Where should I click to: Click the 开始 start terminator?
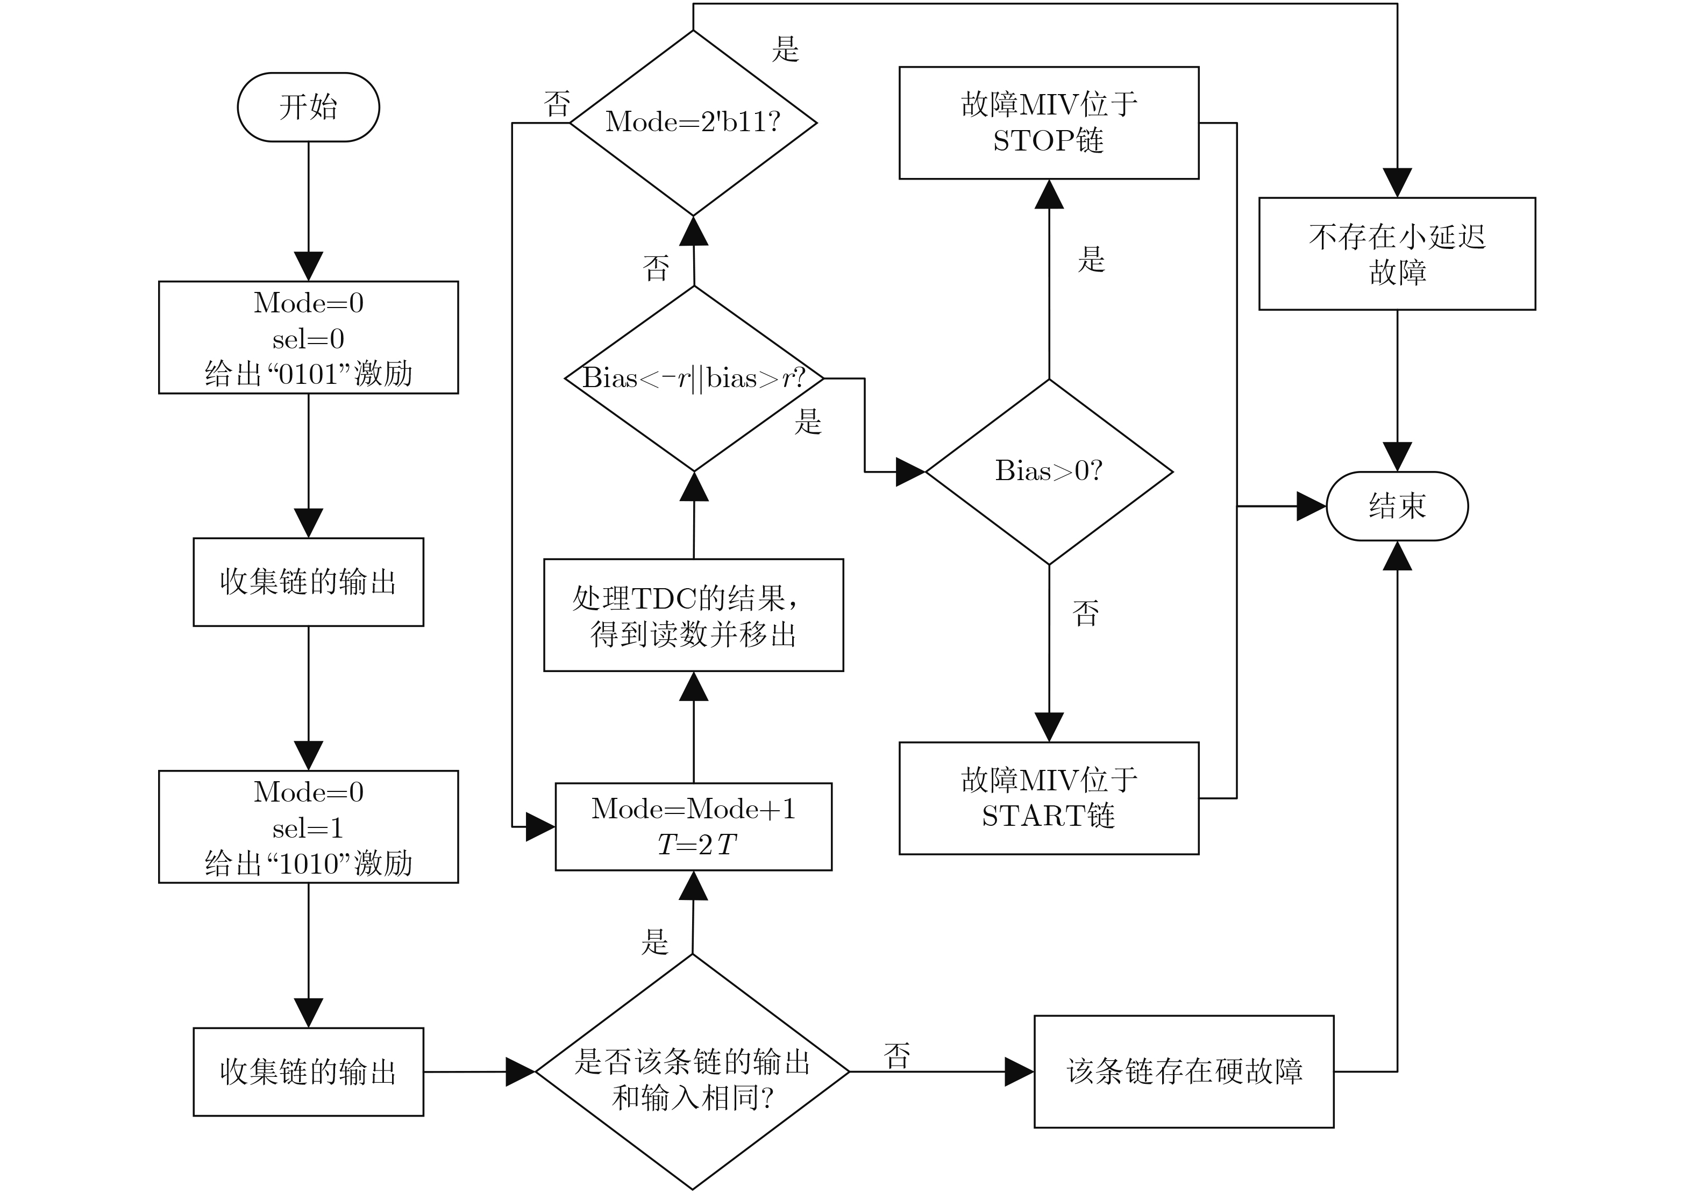(x=308, y=107)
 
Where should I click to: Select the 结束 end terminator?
(x=1397, y=506)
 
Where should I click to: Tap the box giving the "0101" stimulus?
(x=308, y=337)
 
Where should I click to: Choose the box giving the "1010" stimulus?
(x=308, y=827)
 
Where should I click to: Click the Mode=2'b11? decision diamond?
(x=694, y=123)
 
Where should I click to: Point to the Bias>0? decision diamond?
(x=1049, y=472)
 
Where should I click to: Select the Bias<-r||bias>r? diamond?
(x=694, y=378)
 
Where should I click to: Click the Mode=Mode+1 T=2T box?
(x=694, y=827)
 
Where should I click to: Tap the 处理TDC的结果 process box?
(x=694, y=615)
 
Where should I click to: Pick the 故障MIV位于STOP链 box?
(x=1049, y=123)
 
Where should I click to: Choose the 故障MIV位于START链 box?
(x=1049, y=798)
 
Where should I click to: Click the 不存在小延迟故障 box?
(x=1397, y=254)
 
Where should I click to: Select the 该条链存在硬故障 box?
(x=1184, y=1072)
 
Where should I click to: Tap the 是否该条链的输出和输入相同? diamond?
(x=693, y=1072)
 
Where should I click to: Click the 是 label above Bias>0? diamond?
(x=1091, y=259)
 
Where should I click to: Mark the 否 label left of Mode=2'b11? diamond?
(x=558, y=104)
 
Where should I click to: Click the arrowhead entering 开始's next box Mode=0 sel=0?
(x=308, y=266)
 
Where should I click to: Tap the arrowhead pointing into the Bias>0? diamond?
(x=910, y=472)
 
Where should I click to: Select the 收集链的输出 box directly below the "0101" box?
(x=308, y=582)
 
